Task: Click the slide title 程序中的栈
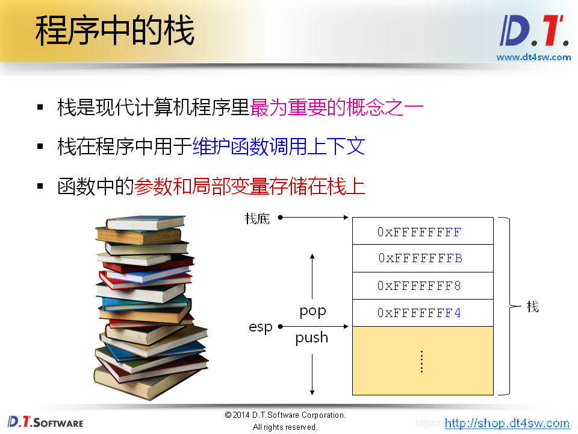point(114,31)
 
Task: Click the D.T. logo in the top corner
point(534,31)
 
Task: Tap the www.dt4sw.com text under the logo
point(533,57)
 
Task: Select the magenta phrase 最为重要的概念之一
point(337,108)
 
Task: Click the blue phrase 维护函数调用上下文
point(279,146)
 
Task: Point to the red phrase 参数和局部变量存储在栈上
point(250,186)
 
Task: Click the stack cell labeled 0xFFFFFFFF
point(422,231)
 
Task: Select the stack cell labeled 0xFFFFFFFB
point(422,258)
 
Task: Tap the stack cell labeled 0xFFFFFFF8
point(422,286)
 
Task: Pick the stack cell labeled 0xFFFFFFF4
point(422,313)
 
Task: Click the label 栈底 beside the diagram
point(257,218)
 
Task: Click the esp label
point(260,327)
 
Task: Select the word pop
point(312,312)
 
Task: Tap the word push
point(312,338)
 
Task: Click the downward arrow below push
point(312,374)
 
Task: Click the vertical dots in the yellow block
point(422,362)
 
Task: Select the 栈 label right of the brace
point(532,307)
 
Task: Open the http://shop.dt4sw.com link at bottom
point(507,423)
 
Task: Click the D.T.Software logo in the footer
point(45,421)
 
